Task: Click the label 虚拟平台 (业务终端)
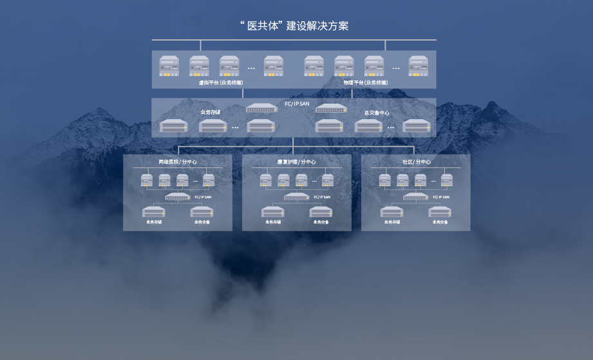221,82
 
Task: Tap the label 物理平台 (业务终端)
366,82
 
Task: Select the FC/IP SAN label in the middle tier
297,104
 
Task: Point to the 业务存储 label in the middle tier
210,112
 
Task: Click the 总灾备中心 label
377,113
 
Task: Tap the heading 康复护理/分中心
296,162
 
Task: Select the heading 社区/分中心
416,162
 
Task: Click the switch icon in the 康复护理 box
296,196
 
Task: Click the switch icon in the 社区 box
415,196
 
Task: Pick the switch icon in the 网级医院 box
178,196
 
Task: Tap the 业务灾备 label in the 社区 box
440,222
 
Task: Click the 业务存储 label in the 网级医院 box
154,222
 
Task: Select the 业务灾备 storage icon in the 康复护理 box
321,212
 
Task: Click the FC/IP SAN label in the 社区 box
441,196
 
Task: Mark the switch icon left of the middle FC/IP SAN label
261,108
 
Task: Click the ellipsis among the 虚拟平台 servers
251,68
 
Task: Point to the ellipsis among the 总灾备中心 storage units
390,127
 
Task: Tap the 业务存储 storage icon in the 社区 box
391,212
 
